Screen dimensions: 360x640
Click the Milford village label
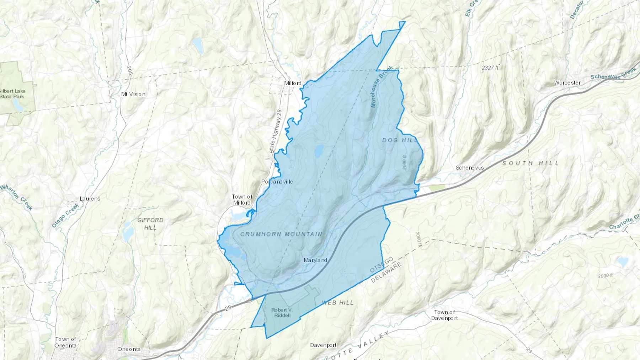click(293, 84)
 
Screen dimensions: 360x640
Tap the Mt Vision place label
click(133, 94)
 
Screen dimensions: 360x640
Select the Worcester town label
click(567, 83)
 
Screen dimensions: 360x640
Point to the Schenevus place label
click(470, 168)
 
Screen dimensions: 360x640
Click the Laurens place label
click(90, 199)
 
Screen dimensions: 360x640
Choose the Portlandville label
click(277, 182)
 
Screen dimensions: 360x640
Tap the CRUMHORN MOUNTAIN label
click(281, 234)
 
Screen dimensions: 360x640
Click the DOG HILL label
click(400, 140)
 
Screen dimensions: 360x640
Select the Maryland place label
click(315, 260)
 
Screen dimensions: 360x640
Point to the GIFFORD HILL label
click(150, 224)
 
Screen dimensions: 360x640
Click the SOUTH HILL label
click(530, 163)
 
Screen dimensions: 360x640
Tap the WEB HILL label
click(338, 302)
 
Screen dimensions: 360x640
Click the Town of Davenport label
click(444, 315)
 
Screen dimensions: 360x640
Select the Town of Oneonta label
click(65, 342)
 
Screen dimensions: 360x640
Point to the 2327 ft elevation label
click(490, 67)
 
